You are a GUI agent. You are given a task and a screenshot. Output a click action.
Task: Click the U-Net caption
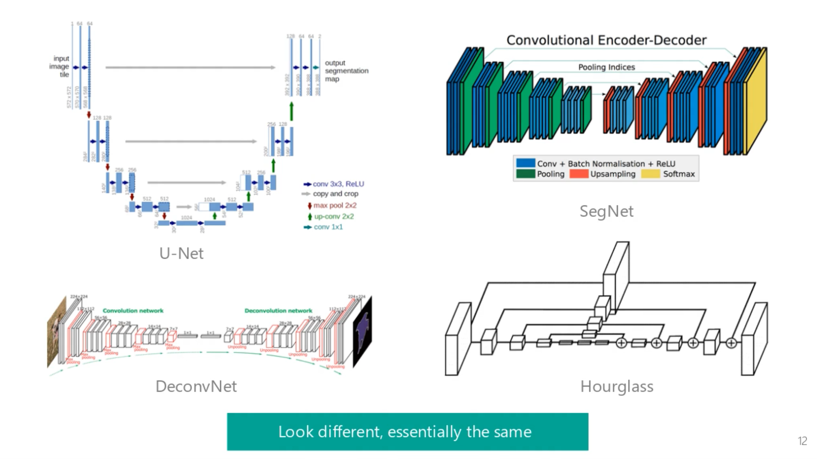click(x=181, y=253)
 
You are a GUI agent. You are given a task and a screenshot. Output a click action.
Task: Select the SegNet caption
click(x=606, y=211)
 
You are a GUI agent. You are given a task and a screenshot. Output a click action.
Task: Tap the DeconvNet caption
click(x=196, y=386)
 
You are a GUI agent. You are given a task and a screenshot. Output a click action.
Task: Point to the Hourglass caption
click(x=616, y=386)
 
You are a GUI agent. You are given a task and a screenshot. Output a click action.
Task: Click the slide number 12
click(x=802, y=441)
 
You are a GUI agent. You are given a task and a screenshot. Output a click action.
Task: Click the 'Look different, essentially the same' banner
click(x=407, y=431)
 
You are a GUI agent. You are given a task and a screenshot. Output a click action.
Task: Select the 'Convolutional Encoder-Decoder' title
click(x=606, y=40)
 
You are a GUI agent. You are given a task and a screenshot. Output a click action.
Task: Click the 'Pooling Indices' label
click(x=606, y=67)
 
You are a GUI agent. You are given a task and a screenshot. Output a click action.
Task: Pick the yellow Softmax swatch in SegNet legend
click(x=650, y=174)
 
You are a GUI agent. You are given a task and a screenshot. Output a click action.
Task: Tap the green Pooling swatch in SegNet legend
click(x=525, y=174)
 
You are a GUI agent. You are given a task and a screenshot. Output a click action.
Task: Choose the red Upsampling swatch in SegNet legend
click(x=579, y=174)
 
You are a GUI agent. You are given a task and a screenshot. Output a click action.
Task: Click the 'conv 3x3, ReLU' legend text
click(x=338, y=184)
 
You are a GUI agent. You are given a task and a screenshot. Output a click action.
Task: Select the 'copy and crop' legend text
click(x=335, y=194)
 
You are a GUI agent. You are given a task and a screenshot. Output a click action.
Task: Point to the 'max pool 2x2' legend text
click(x=335, y=205)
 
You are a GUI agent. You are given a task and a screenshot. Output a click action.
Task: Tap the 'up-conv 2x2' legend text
click(x=334, y=217)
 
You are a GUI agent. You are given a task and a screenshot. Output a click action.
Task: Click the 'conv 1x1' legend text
click(x=328, y=227)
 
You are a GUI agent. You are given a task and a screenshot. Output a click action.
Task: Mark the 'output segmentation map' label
click(x=346, y=71)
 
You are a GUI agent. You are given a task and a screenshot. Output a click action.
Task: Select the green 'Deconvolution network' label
click(x=278, y=311)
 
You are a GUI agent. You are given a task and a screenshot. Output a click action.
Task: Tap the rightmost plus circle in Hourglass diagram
click(x=731, y=343)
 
